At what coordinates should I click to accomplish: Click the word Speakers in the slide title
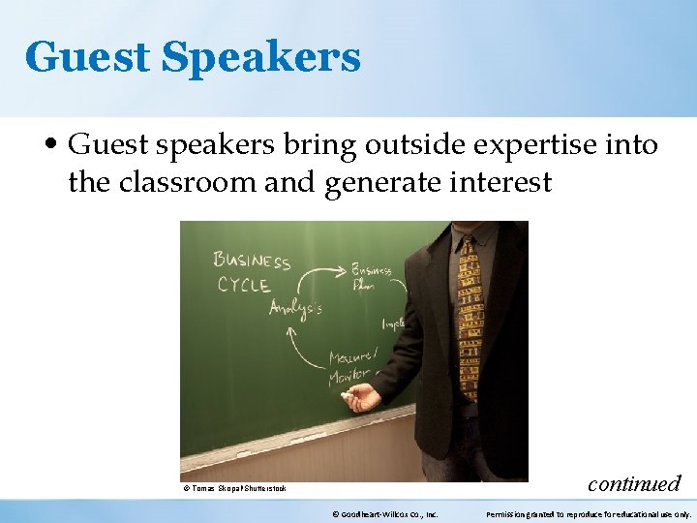pyautogui.click(x=261, y=58)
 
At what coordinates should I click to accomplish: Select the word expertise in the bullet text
pyautogui.click(x=529, y=145)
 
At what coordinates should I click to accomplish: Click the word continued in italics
pyautogui.click(x=634, y=482)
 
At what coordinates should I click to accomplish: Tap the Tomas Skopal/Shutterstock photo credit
pyautogui.click(x=233, y=488)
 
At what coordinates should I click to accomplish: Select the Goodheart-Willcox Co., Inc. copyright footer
pyautogui.click(x=384, y=514)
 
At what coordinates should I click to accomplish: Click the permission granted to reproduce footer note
pyautogui.click(x=588, y=514)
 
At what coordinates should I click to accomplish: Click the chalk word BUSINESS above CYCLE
pyautogui.click(x=252, y=261)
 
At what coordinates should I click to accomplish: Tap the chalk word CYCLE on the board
pyautogui.click(x=243, y=285)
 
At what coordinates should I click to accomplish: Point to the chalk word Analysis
pyautogui.click(x=295, y=308)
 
